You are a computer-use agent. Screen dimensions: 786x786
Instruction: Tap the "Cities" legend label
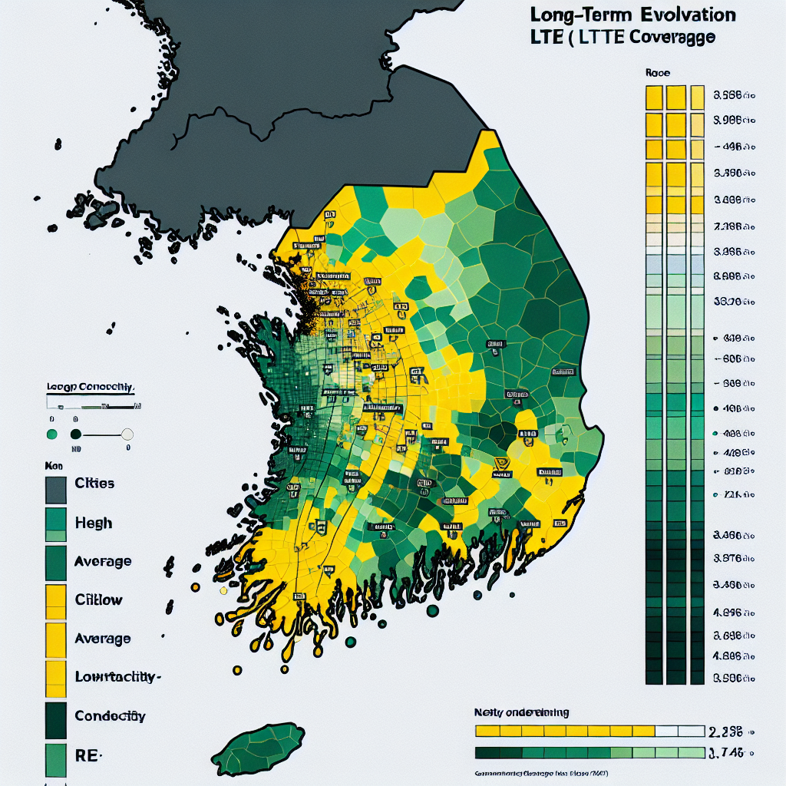pos(94,484)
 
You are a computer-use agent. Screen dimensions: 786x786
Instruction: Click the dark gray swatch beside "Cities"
pos(56,489)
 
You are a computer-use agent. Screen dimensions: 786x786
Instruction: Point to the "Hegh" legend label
pos(93,523)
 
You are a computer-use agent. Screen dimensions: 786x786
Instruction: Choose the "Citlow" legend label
pos(98,599)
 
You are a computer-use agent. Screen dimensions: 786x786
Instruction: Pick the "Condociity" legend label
pos(110,715)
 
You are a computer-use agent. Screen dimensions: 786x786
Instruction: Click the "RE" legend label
pos(87,755)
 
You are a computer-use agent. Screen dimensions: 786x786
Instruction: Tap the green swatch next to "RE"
pos(56,759)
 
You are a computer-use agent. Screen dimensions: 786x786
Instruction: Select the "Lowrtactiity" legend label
pos(117,677)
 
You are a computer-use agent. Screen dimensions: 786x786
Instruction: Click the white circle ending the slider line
pos(127,434)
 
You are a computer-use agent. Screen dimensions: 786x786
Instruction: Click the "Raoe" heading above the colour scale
pos(657,74)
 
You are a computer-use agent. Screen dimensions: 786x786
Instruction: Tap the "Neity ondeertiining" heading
pos(522,712)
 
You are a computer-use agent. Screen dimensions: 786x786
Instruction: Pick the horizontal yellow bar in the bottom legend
pos(564,731)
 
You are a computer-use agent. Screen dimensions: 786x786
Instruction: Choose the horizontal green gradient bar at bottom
pos(589,752)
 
